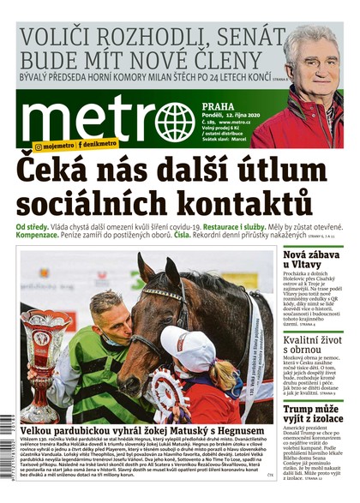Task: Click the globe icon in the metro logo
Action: click(x=176, y=122)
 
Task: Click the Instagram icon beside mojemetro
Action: click(x=39, y=147)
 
